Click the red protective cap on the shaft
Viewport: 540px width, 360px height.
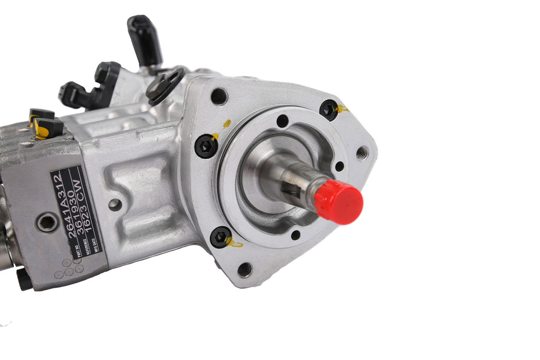[x=339, y=201]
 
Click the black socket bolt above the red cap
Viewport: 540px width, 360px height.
[x=328, y=110]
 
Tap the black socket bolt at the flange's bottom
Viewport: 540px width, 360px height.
[x=220, y=237]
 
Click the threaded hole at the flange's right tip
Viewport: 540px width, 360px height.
[x=362, y=153]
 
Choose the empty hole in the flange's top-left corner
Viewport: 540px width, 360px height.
[x=219, y=96]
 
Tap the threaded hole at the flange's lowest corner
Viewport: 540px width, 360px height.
[x=245, y=269]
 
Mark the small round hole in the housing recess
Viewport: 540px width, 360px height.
[x=115, y=205]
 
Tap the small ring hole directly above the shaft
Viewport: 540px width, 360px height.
[x=283, y=121]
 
